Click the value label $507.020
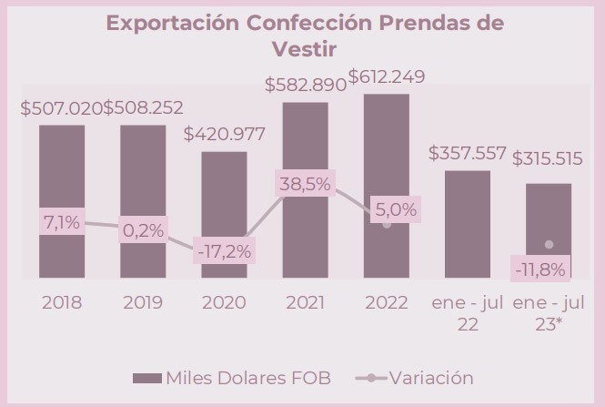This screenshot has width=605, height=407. click(x=61, y=108)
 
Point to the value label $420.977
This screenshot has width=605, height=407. click(x=224, y=135)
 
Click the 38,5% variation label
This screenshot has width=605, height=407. click(x=305, y=183)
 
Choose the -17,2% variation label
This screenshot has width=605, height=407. click(x=224, y=249)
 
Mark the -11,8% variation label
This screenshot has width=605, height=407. click(x=540, y=270)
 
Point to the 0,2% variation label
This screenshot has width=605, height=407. click(x=143, y=230)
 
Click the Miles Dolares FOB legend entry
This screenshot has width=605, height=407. click(x=233, y=377)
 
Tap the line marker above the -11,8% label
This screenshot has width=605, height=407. click(x=549, y=245)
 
